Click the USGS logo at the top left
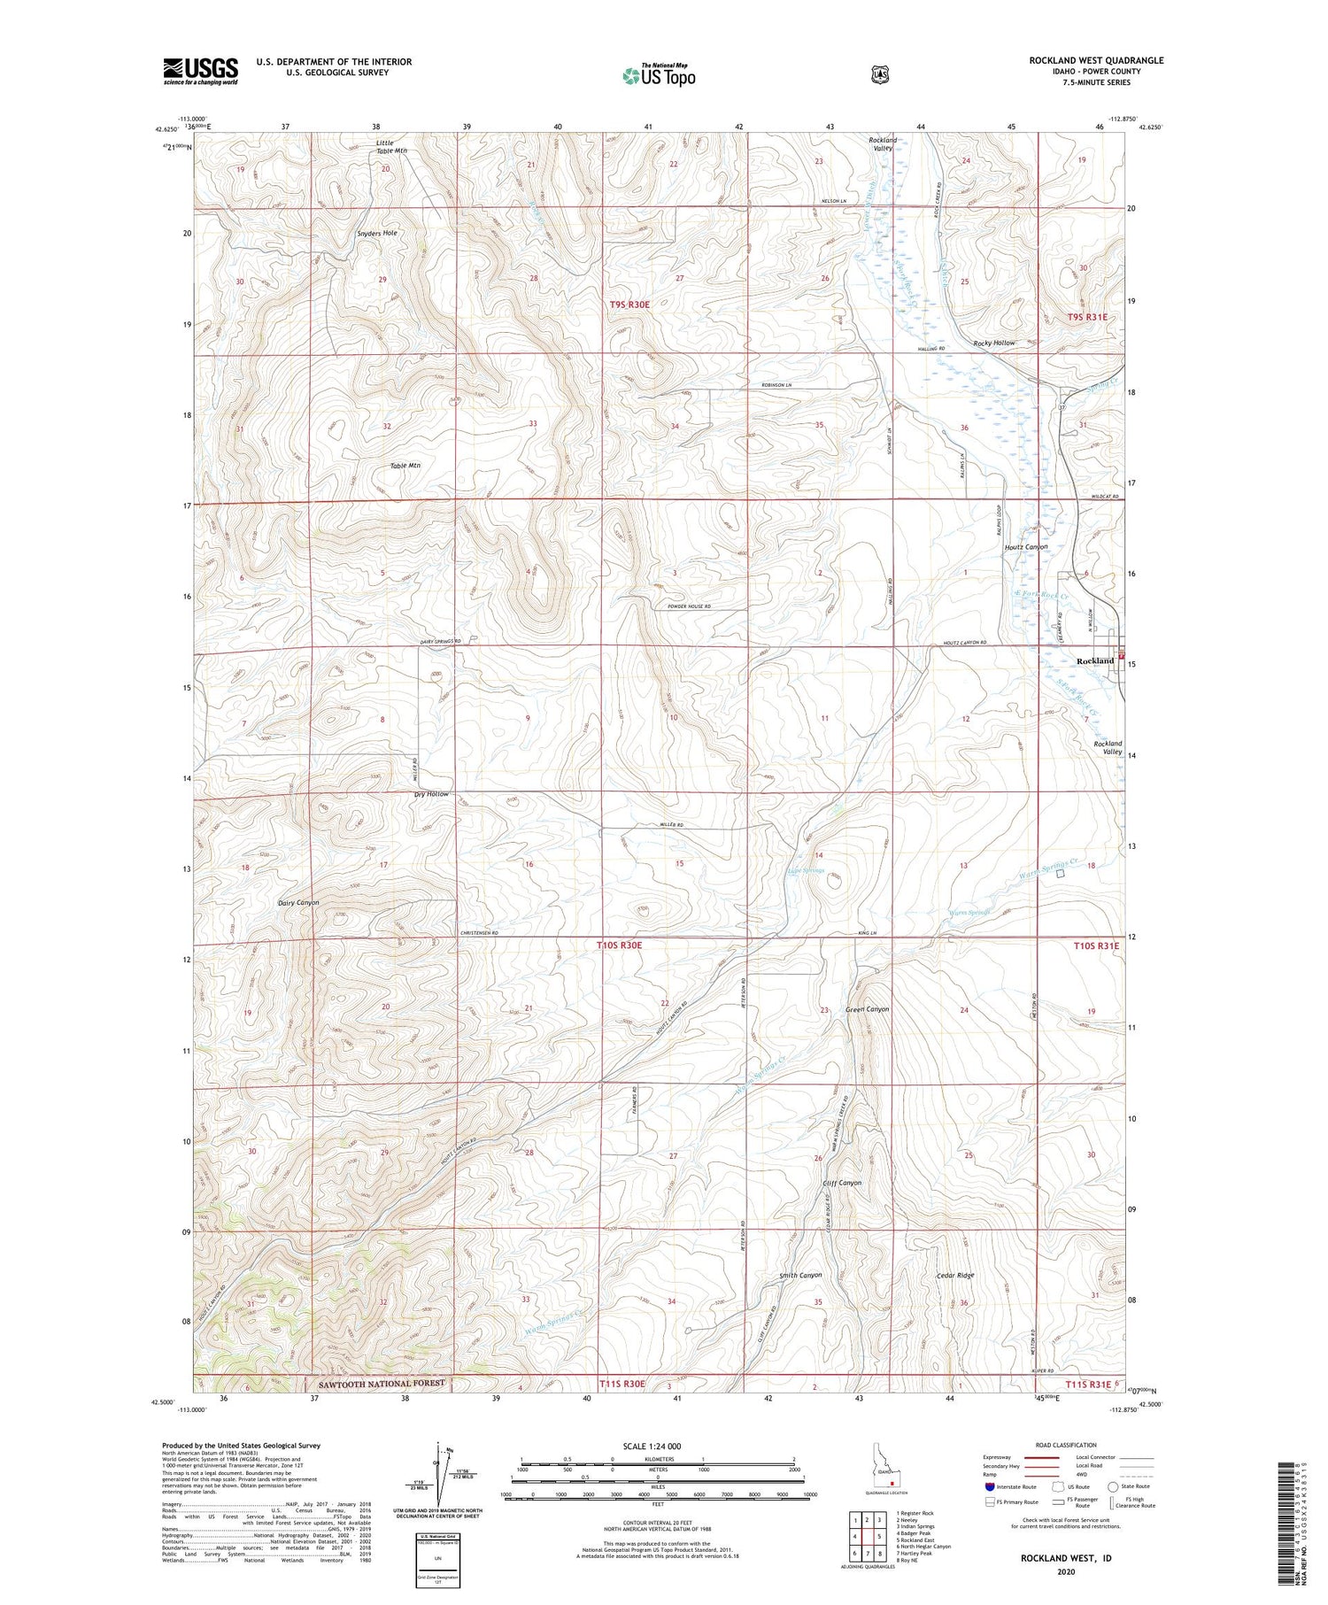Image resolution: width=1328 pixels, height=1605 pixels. (200, 71)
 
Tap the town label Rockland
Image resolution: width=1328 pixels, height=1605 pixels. (1094, 661)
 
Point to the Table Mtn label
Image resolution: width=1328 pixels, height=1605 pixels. (405, 466)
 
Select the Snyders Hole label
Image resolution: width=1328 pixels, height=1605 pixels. (376, 233)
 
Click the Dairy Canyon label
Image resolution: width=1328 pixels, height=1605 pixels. (297, 903)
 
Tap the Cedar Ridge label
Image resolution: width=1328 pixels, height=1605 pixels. (955, 1276)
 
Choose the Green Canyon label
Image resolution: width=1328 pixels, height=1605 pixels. (867, 1009)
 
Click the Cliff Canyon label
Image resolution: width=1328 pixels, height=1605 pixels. (841, 1183)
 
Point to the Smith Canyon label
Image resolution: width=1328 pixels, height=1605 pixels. (800, 1276)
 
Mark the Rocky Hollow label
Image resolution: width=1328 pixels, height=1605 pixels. (993, 343)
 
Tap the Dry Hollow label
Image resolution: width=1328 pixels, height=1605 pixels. (431, 794)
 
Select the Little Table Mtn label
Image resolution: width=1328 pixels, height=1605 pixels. (390, 146)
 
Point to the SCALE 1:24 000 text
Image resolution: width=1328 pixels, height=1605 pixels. (658, 1447)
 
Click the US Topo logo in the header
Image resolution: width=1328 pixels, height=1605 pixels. (658, 75)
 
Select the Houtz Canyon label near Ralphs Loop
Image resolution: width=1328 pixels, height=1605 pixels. (1025, 547)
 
